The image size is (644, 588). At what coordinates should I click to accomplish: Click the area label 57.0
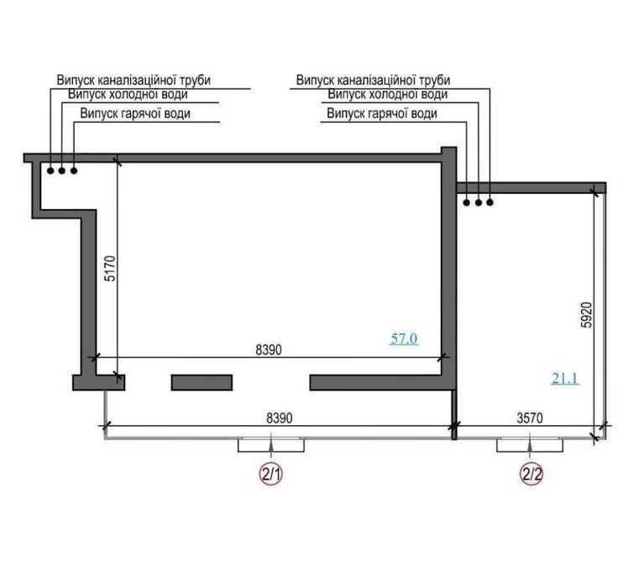pyautogui.click(x=404, y=339)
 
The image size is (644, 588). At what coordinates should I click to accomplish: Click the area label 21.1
pyautogui.click(x=565, y=378)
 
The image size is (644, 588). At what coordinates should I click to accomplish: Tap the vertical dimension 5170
pyautogui.click(x=111, y=269)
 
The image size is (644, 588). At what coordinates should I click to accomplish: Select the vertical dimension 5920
pyautogui.click(x=587, y=315)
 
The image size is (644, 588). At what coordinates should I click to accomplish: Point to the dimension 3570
pyautogui.click(x=530, y=417)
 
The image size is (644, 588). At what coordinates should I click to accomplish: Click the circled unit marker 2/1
pyautogui.click(x=271, y=475)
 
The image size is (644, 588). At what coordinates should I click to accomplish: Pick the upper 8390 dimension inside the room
pyautogui.click(x=269, y=349)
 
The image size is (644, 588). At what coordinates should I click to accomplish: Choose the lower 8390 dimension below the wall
pyautogui.click(x=280, y=417)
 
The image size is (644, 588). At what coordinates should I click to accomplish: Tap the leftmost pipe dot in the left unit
pyautogui.click(x=50, y=171)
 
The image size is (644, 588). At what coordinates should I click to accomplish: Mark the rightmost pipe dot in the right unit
pyautogui.click(x=490, y=202)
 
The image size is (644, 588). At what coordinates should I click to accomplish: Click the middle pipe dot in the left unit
pyautogui.click(x=61, y=171)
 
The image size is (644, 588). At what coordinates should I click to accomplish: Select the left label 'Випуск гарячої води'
pyautogui.click(x=135, y=113)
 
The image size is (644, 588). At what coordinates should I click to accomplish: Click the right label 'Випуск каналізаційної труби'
pyautogui.click(x=373, y=80)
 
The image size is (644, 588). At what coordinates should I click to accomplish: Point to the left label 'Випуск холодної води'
pyautogui.click(x=128, y=95)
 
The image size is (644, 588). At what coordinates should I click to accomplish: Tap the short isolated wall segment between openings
pyautogui.click(x=202, y=382)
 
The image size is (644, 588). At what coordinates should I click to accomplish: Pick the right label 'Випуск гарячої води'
pyautogui.click(x=382, y=113)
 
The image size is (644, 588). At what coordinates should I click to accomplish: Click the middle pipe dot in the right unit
pyautogui.click(x=479, y=202)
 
